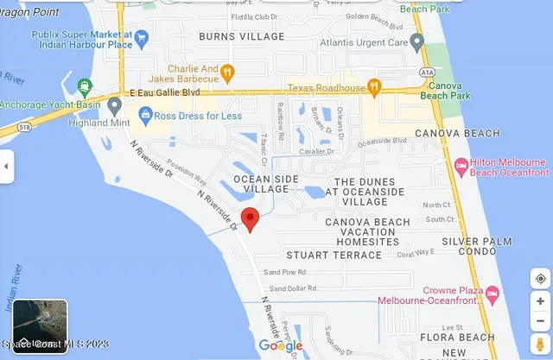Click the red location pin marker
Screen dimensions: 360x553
point(250,219)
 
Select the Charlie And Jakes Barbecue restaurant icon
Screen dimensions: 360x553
point(226,72)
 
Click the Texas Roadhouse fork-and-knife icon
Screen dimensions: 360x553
point(374,85)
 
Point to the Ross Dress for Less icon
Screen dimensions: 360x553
point(146,113)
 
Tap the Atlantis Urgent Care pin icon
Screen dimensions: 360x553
point(417,41)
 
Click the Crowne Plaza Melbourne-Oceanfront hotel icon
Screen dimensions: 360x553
point(491,294)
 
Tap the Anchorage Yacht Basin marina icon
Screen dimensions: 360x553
point(85,85)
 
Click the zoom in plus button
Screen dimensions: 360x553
point(540,300)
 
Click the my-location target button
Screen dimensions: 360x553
point(540,279)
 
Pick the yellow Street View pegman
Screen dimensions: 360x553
point(540,345)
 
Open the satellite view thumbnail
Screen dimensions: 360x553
point(40,326)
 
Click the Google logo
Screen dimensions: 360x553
point(281,346)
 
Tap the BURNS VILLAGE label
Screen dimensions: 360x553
point(241,36)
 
